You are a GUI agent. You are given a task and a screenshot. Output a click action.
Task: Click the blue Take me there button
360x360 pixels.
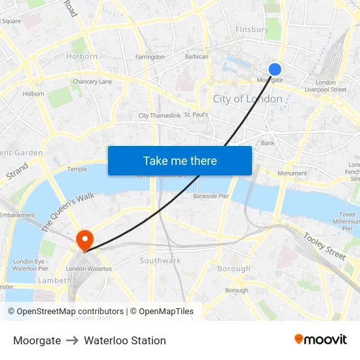coord(179,160)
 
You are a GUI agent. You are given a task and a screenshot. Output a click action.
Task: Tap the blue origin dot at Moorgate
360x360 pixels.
coord(275,69)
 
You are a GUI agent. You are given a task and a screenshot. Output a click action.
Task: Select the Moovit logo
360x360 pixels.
coord(321,339)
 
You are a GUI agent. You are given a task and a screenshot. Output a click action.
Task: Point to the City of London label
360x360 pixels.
coord(247,99)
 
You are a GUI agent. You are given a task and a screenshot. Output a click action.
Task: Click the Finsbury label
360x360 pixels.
coord(251,29)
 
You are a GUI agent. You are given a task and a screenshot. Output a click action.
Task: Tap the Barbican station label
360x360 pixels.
coord(196,57)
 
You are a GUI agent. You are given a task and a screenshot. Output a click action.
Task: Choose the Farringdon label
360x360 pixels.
coord(150,58)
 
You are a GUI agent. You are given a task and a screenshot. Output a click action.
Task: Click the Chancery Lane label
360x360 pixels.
coord(92,82)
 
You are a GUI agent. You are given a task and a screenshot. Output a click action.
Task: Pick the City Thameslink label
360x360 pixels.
coord(160,116)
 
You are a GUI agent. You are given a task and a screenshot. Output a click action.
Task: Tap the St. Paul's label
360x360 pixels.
coord(196,115)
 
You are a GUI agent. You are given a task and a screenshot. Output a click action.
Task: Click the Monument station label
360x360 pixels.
coord(292,173)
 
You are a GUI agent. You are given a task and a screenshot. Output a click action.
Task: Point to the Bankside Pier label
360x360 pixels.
coord(211,196)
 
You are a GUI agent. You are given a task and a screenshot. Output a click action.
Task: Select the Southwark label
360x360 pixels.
coord(160,261)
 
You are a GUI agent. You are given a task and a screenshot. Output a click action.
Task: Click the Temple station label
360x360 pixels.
coord(77,169)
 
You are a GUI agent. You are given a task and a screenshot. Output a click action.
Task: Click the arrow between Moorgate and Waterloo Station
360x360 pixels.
coord(72,340)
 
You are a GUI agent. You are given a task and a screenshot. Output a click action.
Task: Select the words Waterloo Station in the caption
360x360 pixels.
coord(125,340)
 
